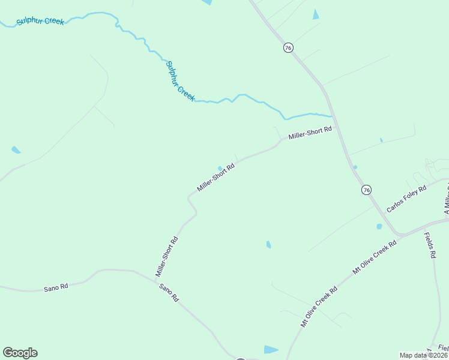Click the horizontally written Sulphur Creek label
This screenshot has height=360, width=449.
[x=40, y=22]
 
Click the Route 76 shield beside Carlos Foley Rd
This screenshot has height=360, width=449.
[x=366, y=190]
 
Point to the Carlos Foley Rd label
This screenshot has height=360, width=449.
[x=406, y=199]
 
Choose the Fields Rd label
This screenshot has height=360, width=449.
[x=430, y=245]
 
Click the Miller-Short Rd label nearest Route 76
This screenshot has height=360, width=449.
[x=310, y=133]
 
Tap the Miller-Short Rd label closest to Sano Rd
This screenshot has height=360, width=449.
[x=167, y=256]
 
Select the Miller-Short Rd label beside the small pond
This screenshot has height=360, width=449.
[x=215, y=178]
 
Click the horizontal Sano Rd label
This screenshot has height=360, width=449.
[x=56, y=288]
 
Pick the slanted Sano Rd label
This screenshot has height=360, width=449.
[x=169, y=292]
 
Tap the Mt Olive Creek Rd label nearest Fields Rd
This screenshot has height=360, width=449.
[x=375, y=257]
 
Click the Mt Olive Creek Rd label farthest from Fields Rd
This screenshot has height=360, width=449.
[x=319, y=307]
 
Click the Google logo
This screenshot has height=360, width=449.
[x=20, y=353]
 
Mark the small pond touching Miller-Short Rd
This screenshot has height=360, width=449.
[x=220, y=168]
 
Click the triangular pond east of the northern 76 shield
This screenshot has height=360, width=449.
[x=316, y=15]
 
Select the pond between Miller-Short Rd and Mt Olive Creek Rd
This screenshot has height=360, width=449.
[x=268, y=244]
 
